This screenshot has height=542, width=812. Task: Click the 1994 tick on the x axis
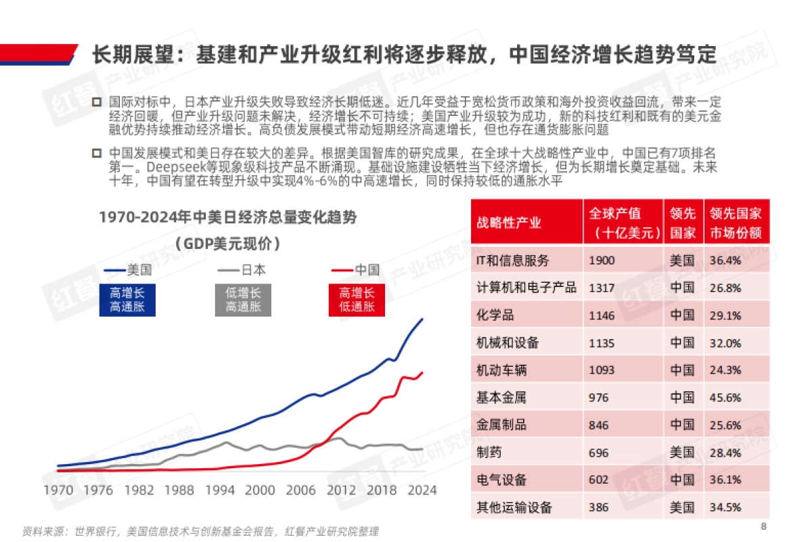pyautogui.click(x=220, y=490)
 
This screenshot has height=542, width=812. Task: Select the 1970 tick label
pyautogui.click(x=60, y=490)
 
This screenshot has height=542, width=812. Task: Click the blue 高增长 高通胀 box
pyautogui.click(x=127, y=300)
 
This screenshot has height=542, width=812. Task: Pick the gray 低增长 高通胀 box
pyautogui.click(x=242, y=300)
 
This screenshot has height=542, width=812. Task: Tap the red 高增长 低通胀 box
pyautogui.click(x=357, y=300)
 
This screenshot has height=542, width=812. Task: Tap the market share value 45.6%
pyautogui.click(x=725, y=398)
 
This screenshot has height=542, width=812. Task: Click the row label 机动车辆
pyautogui.click(x=501, y=370)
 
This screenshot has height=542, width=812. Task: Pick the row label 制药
pyautogui.click(x=489, y=453)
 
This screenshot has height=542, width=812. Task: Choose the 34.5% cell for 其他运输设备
pyautogui.click(x=725, y=507)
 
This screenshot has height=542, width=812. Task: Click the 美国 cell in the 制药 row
pyautogui.click(x=682, y=453)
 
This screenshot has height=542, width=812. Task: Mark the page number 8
pyautogui.click(x=763, y=527)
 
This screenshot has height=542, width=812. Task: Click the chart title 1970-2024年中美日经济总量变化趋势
pyautogui.click(x=227, y=217)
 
